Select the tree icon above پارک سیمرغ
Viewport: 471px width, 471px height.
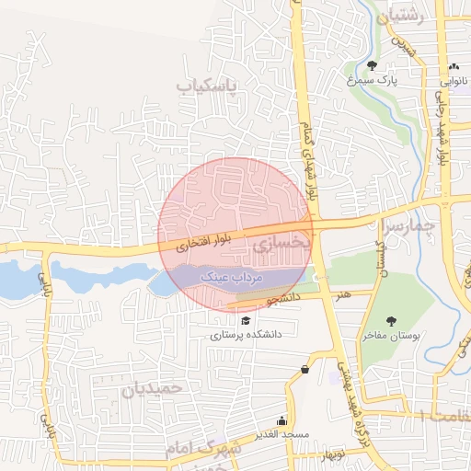(x=372, y=64)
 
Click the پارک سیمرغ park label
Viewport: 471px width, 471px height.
(x=373, y=79)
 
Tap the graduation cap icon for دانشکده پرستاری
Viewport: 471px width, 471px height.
(x=245, y=320)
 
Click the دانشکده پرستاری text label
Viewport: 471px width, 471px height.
(x=245, y=336)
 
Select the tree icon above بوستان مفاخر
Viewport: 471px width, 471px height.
(x=392, y=321)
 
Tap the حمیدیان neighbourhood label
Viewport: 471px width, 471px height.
(x=153, y=387)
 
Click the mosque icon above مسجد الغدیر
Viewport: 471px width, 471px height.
(x=283, y=419)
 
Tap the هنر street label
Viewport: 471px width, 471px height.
(x=342, y=294)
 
